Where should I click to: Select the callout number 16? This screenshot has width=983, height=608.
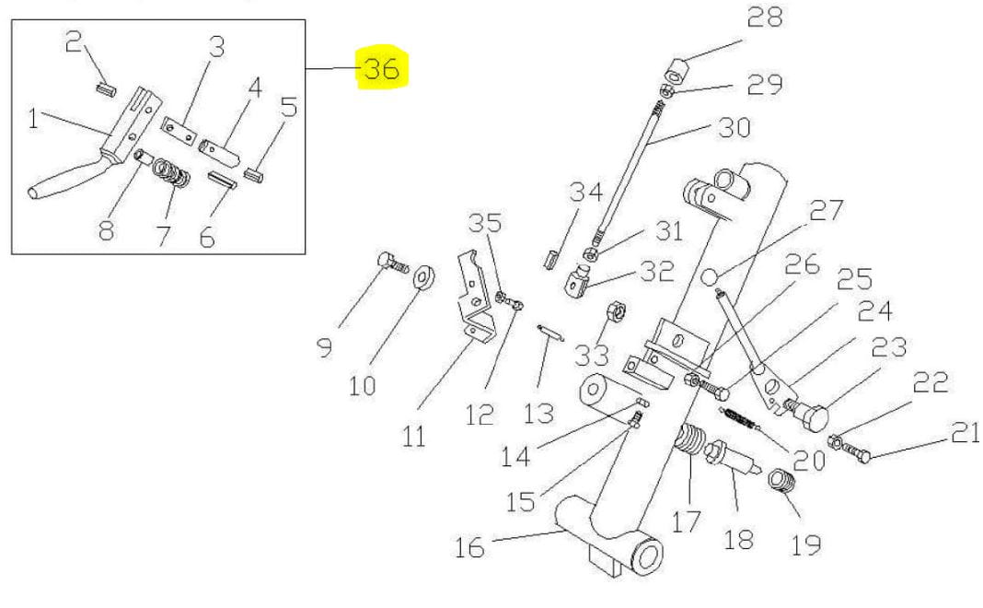[x=469, y=547]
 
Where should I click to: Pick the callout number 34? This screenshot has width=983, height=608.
[x=585, y=193]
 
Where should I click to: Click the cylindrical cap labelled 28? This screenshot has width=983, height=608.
[x=679, y=70]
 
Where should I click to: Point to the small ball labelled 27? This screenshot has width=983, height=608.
[x=710, y=275]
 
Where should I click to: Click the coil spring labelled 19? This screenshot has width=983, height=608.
[x=781, y=481]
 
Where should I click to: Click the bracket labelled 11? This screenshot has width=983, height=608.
[x=475, y=295]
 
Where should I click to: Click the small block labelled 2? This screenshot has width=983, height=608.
[x=104, y=89]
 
